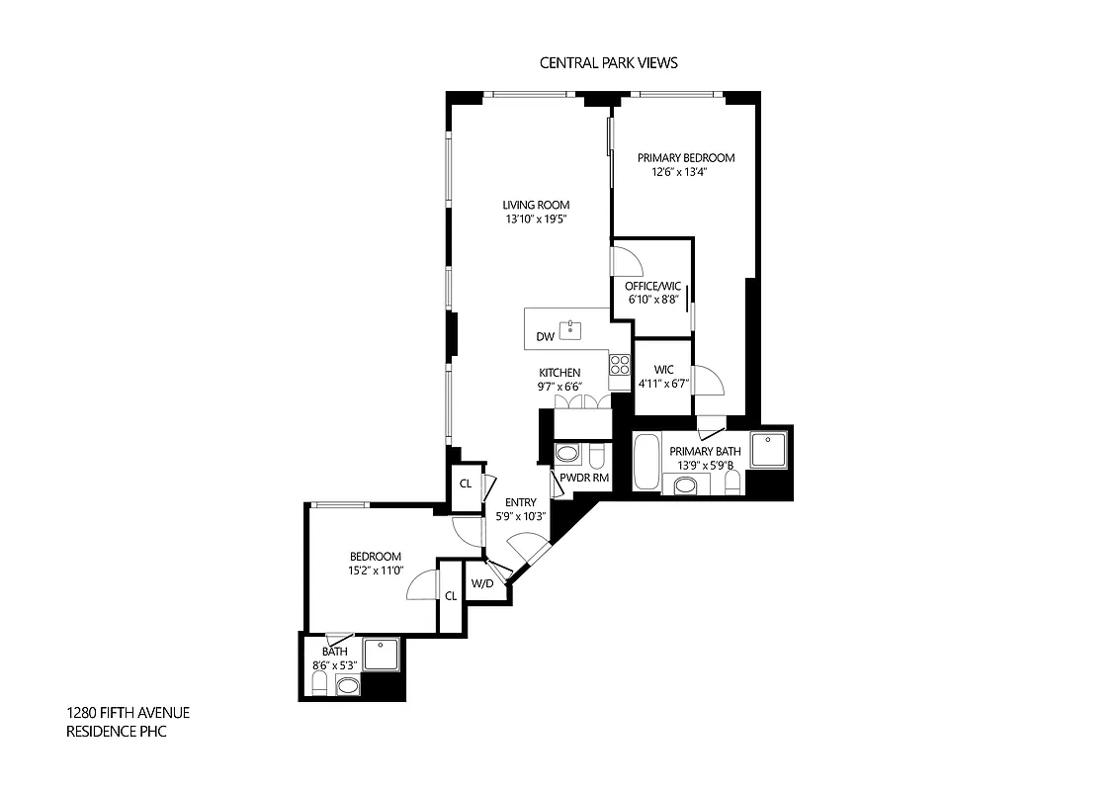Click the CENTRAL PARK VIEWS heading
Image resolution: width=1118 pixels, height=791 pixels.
click(608, 62)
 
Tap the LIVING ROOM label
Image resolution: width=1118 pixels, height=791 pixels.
click(536, 205)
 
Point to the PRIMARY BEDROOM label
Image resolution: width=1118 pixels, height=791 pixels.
click(685, 157)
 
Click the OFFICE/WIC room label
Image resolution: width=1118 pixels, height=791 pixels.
click(652, 287)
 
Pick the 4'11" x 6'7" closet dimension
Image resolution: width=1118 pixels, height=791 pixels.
click(662, 384)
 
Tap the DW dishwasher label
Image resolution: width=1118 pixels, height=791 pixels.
click(545, 336)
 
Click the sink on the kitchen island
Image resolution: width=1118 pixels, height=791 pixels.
click(570, 330)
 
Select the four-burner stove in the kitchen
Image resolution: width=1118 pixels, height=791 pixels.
click(620, 364)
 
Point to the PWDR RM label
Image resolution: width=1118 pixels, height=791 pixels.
click(583, 478)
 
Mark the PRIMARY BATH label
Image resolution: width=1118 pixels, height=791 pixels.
click(706, 452)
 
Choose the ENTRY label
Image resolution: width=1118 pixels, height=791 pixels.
click(520, 502)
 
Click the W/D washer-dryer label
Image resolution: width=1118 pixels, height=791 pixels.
click(482, 583)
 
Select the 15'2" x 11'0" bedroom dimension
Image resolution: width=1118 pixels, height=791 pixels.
click(374, 571)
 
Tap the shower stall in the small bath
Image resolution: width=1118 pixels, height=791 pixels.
click(382, 654)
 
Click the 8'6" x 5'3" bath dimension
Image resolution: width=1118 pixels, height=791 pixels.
click(334, 665)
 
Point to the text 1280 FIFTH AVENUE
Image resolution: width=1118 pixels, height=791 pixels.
click(128, 713)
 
